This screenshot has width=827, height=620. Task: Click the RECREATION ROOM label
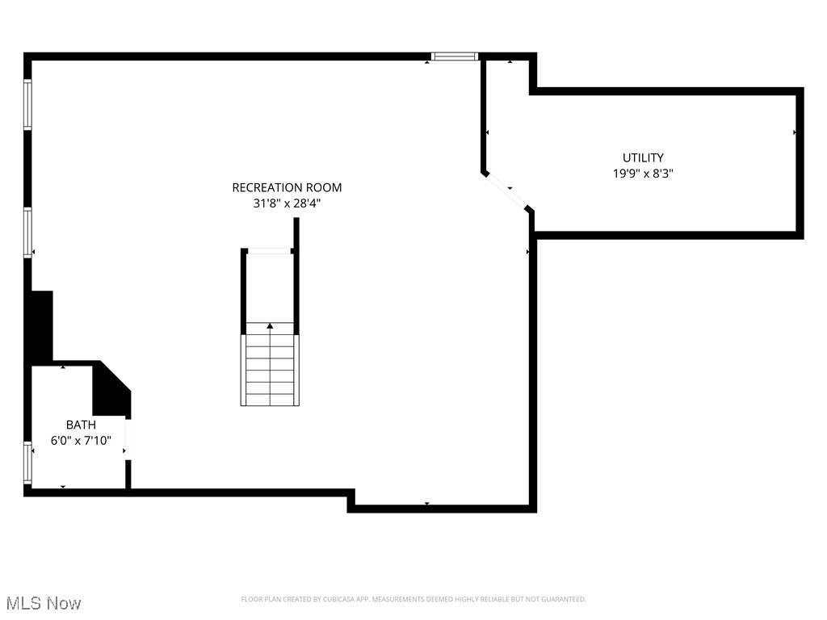click(x=287, y=187)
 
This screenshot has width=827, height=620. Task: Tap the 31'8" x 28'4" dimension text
click(x=287, y=204)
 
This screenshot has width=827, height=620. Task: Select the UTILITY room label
click(x=643, y=157)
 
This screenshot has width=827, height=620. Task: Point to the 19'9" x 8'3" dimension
click(x=643, y=173)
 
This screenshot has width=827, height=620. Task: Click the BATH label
click(x=81, y=425)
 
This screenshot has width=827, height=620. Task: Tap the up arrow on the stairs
click(x=270, y=326)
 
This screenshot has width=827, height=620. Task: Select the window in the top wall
click(x=455, y=57)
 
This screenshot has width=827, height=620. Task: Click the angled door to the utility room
click(x=507, y=191)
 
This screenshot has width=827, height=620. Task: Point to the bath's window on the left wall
click(x=28, y=462)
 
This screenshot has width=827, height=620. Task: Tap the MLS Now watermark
click(x=44, y=603)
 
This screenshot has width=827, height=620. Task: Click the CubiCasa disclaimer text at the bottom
click(x=413, y=599)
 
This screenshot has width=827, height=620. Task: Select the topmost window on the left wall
click(x=27, y=104)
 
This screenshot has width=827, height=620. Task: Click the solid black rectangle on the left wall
click(x=40, y=326)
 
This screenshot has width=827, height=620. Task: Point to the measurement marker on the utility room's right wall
click(x=796, y=132)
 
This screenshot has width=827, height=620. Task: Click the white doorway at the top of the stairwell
click(x=268, y=251)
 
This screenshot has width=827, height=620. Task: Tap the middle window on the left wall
click(x=27, y=232)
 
